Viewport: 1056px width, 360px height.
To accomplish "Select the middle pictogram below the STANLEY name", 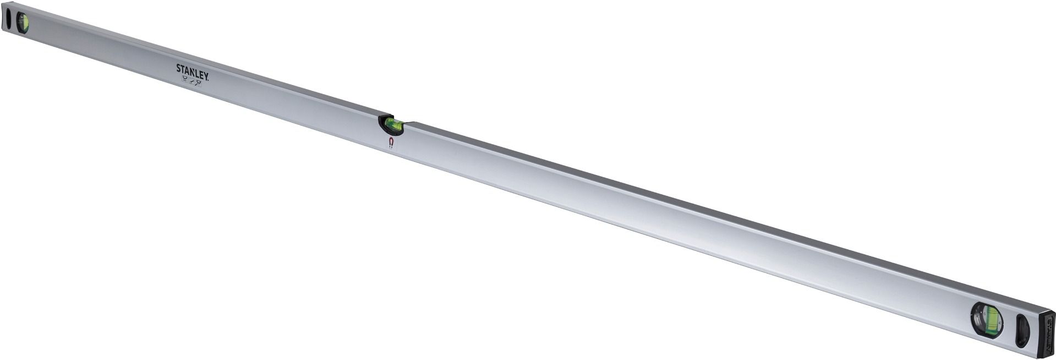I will coord(192,81).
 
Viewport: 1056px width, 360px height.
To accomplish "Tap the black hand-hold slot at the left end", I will coord(8,19).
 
